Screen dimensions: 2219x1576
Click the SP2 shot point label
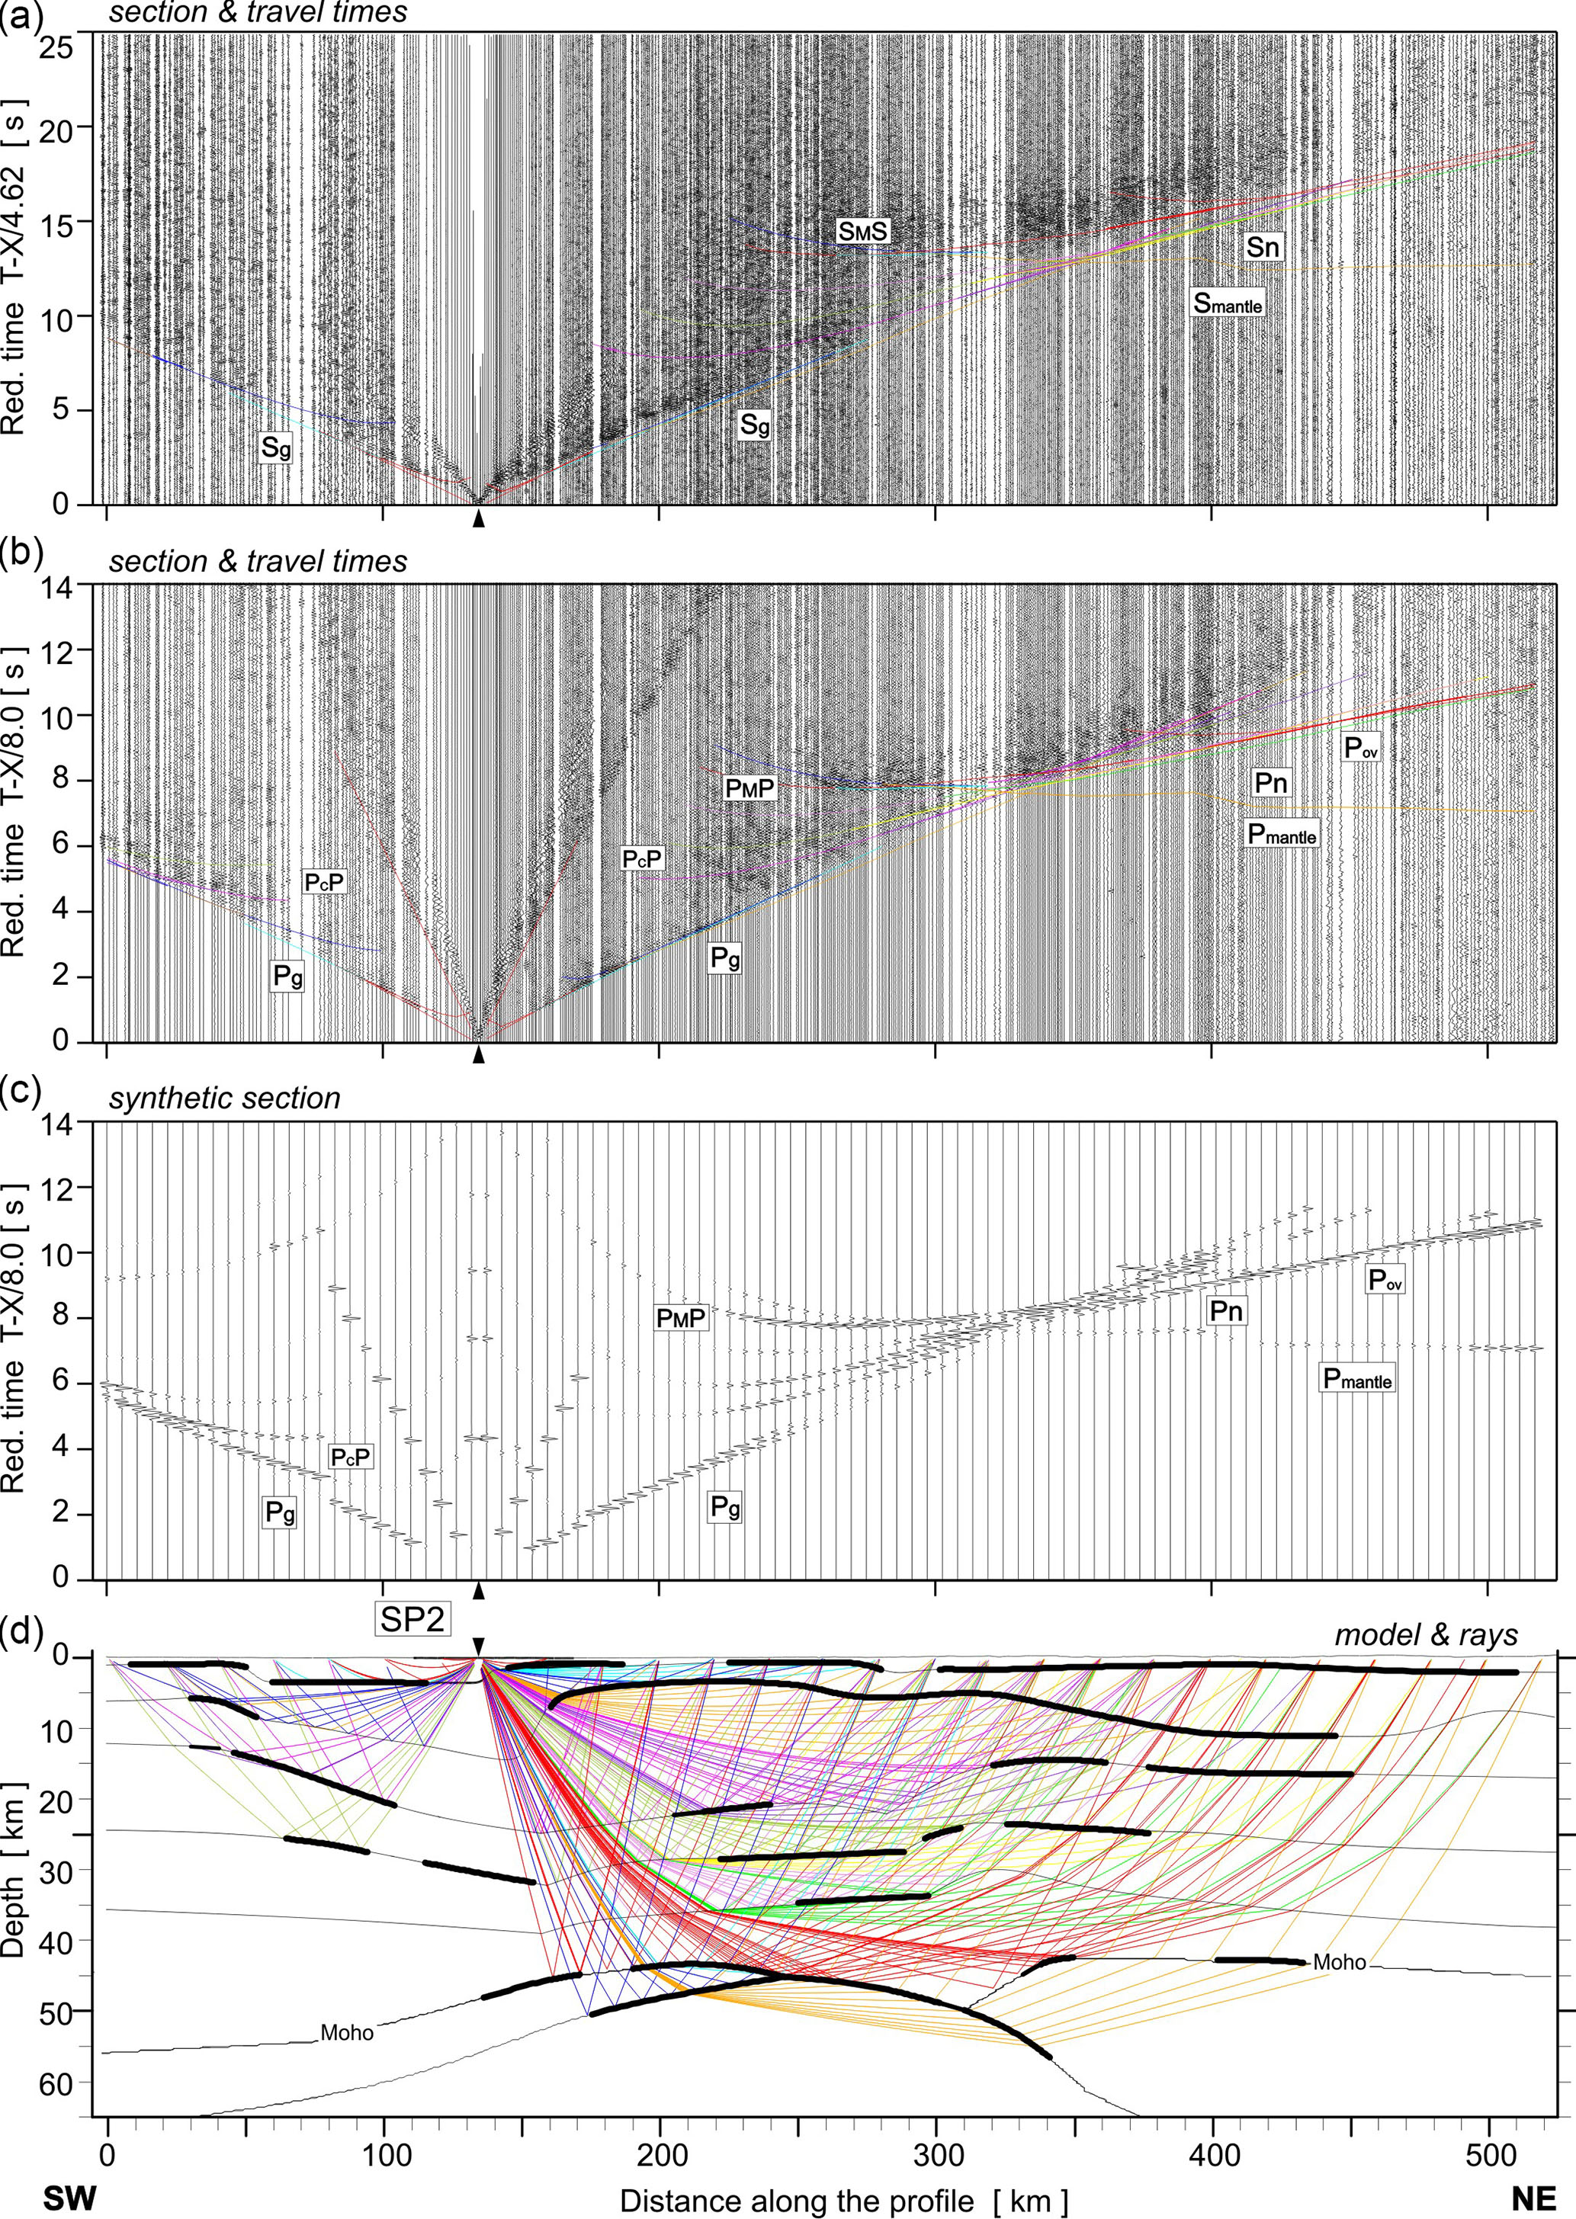point(413,1619)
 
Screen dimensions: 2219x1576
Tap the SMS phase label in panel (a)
point(863,231)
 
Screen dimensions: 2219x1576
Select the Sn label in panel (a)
point(1262,248)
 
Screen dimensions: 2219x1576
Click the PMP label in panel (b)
point(750,788)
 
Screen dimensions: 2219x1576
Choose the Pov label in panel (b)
point(1360,747)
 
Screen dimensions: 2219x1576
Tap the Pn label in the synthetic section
point(1226,1311)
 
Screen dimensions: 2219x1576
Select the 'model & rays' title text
point(1426,1635)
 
